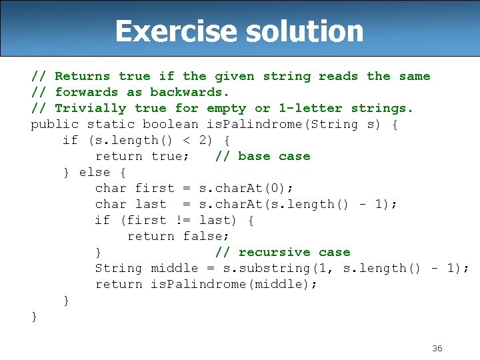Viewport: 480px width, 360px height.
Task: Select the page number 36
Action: pos(437,348)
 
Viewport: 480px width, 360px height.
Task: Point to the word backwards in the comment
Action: pos(189,92)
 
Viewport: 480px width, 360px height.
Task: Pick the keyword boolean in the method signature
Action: pos(170,124)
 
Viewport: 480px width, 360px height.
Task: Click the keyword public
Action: pos(55,124)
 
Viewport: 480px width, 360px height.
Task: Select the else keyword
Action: pos(95,172)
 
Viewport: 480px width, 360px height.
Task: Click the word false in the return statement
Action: pos(206,236)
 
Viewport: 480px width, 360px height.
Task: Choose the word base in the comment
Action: pos(254,156)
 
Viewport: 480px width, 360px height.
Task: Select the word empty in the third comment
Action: pos(226,108)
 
